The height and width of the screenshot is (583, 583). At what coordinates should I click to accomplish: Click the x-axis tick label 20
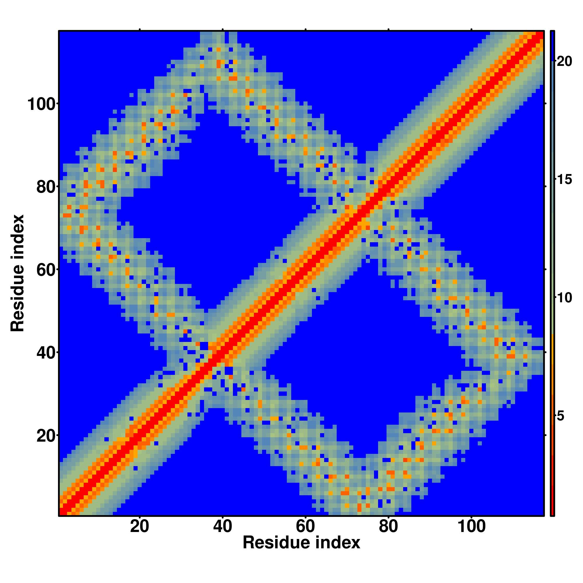click(x=139, y=527)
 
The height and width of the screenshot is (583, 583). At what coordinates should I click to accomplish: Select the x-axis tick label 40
click(x=222, y=527)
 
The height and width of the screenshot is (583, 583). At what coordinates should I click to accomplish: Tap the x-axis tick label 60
click(x=305, y=527)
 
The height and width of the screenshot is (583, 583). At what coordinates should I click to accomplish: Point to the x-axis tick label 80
click(x=388, y=527)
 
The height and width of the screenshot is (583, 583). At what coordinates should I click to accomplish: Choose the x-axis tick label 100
click(x=471, y=527)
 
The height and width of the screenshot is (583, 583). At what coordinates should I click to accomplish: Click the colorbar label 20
click(x=564, y=62)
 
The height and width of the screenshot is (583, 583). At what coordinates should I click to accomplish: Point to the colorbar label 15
click(x=564, y=180)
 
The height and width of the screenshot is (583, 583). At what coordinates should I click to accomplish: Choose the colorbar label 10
click(x=564, y=298)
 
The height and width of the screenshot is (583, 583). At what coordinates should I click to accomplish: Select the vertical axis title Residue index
click(x=17, y=273)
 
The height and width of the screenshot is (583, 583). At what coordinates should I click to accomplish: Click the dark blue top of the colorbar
click(x=552, y=45)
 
